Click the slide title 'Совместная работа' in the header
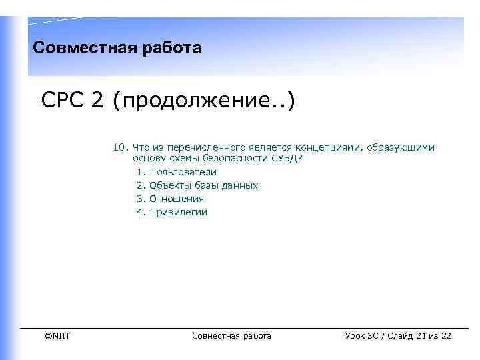tap(117, 48)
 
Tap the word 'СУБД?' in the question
tap(287, 159)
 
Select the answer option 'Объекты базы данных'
tap(203, 185)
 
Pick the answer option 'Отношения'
tap(177, 199)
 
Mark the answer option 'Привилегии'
tap(178, 212)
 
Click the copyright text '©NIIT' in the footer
tap(57, 336)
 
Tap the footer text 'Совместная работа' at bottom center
tap(231, 336)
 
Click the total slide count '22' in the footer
tap(446, 336)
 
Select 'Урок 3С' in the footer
tap(362, 336)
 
